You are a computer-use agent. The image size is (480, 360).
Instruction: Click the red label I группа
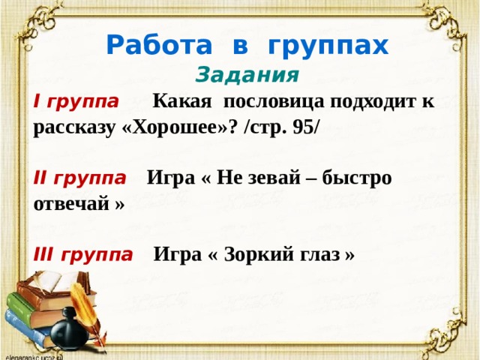(76, 102)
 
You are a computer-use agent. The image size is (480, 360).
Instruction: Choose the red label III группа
(83, 255)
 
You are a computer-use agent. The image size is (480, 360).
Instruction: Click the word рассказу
(73, 127)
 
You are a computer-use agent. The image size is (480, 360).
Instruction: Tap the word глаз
(322, 255)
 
